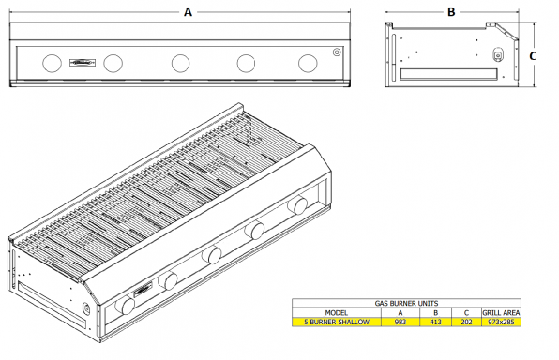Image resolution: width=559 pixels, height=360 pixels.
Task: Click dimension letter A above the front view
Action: tap(188, 12)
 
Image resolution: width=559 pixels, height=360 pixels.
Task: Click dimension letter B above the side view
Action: tap(451, 12)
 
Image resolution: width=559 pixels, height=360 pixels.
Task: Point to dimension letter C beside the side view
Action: tap(533, 56)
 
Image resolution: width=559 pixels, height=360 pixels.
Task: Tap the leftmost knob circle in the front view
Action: tap(52, 63)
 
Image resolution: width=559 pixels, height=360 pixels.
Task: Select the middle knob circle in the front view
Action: tap(180, 63)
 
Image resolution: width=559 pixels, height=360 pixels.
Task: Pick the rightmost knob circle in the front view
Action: tap(308, 63)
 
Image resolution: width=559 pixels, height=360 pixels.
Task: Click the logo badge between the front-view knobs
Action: tap(83, 63)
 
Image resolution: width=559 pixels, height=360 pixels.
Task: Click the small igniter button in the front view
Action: tap(337, 52)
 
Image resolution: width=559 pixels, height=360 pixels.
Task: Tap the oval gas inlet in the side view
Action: tap(498, 55)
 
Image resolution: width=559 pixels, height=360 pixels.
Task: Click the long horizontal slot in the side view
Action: tap(449, 74)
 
